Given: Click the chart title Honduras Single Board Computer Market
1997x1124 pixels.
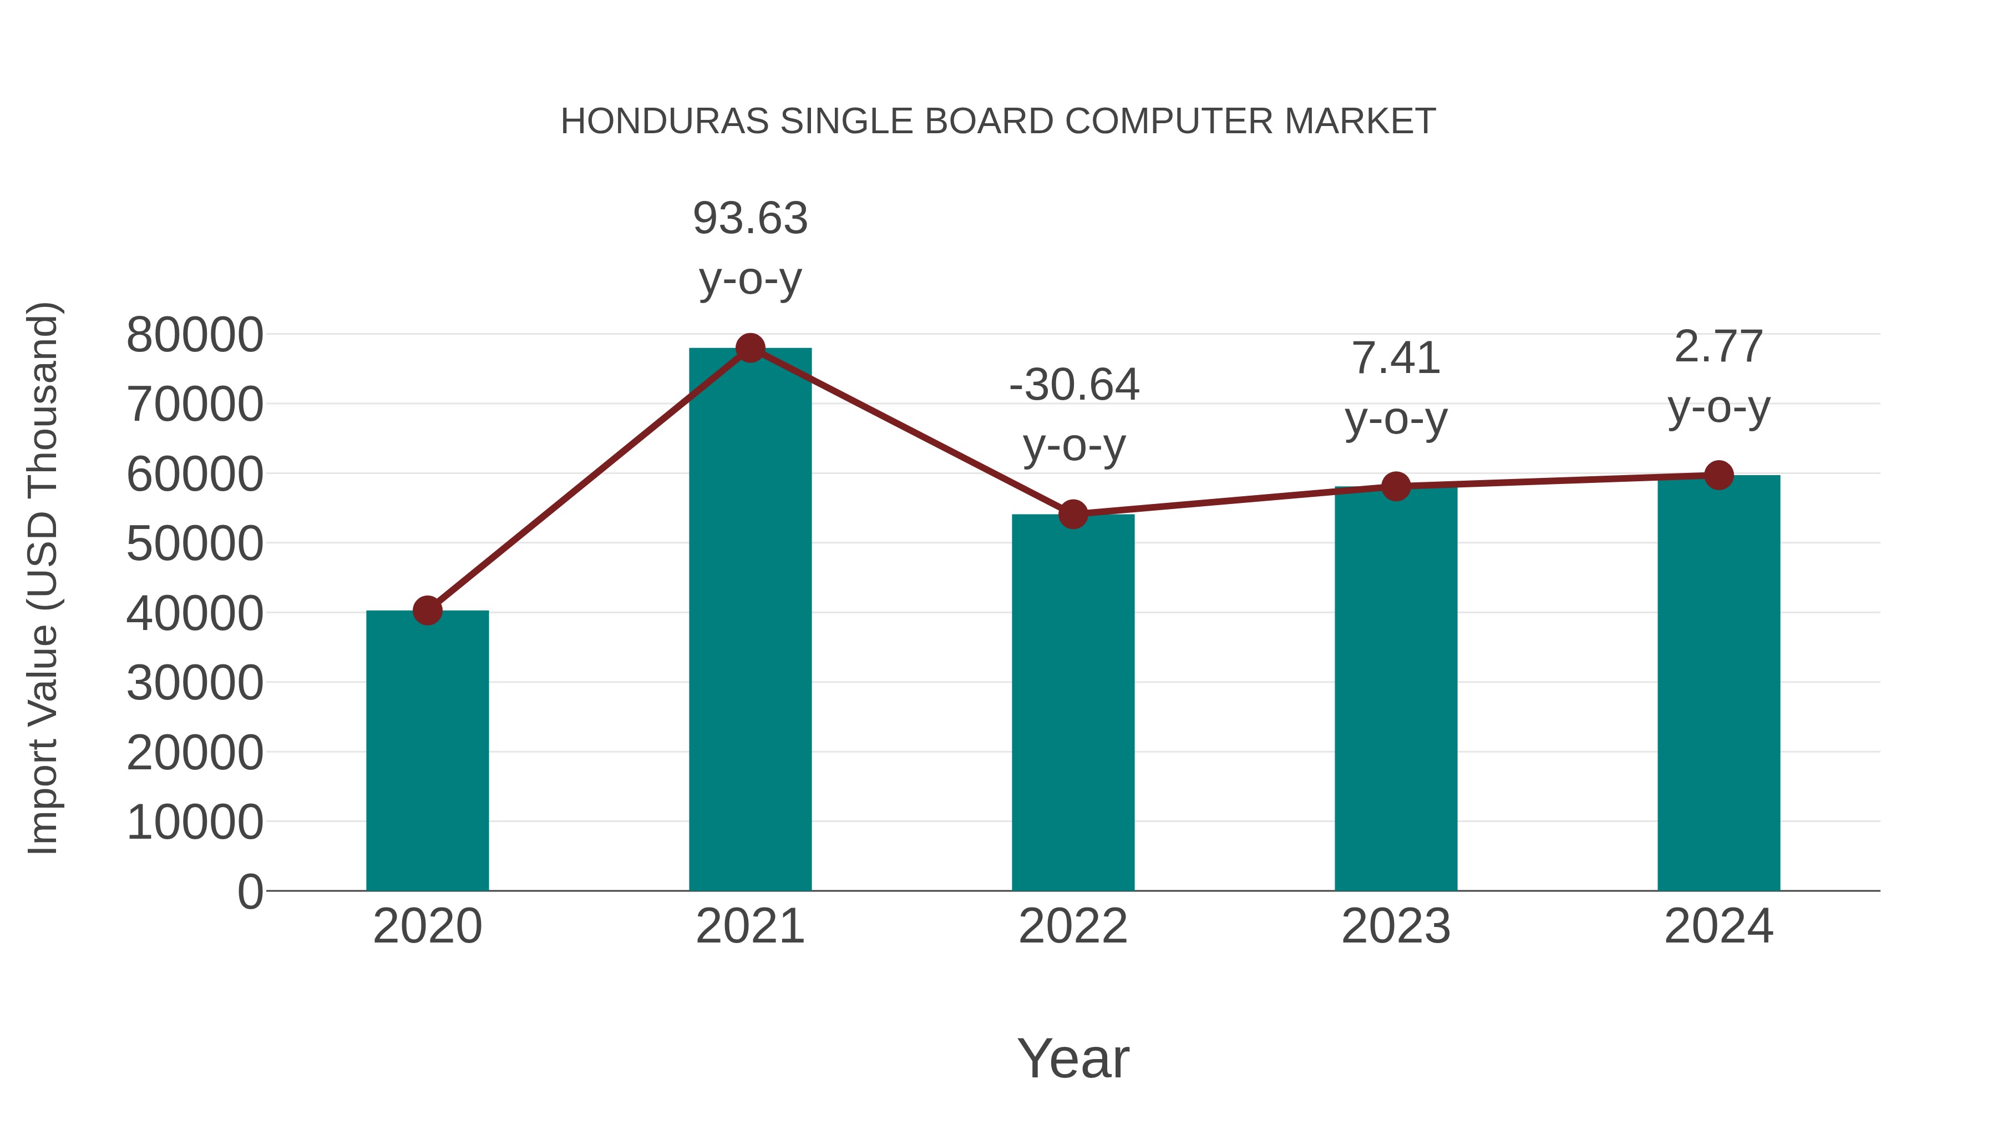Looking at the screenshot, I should [998, 122].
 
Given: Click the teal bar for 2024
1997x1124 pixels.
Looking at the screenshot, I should [1719, 683].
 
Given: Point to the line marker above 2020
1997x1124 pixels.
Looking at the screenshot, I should [427, 611].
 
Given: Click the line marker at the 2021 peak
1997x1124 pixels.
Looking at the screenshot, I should [749, 348].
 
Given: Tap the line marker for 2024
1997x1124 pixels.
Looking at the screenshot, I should [1719, 475].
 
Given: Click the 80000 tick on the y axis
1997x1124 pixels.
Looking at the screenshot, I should [195, 335].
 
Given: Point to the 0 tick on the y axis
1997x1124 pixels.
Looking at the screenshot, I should [250, 891].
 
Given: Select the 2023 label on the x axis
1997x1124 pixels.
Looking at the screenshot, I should [1396, 926].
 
